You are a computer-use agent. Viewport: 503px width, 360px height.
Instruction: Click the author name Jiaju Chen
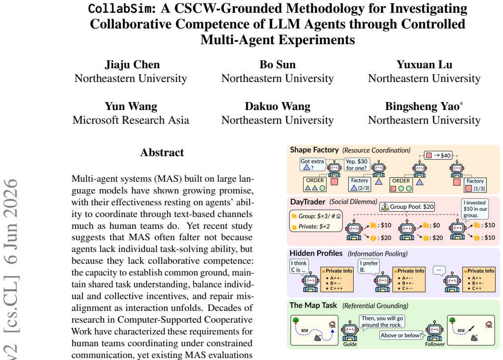pyautogui.click(x=132, y=64)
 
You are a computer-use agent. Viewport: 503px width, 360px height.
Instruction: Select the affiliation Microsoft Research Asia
pyautogui.click(x=131, y=120)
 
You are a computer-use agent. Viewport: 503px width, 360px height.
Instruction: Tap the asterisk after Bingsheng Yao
pyautogui.click(x=461, y=104)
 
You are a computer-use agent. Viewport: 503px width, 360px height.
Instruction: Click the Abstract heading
pyautogui.click(x=162, y=152)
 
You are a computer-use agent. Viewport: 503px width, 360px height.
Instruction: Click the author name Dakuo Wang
pyautogui.click(x=278, y=106)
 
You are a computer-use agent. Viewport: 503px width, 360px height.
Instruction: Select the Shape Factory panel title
pyautogui.click(x=314, y=150)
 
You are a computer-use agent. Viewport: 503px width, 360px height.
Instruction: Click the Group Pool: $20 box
pyautogui.click(x=407, y=207)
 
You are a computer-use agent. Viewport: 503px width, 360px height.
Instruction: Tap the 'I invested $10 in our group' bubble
pyautogui.click(x=475, y=209)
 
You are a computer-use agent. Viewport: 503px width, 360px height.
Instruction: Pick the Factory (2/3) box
pyautogui.click(x=360, y=185)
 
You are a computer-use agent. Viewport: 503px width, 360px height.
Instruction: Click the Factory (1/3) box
pyautogui.click(x=475, y=185)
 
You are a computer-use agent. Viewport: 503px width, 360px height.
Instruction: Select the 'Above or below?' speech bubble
pyautogui.click(x=401, y=335)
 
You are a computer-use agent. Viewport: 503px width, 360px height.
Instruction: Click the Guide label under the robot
pyautogui.click(x=350, y=344)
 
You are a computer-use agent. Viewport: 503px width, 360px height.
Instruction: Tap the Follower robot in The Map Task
pyautogui.click(x=435, y=331)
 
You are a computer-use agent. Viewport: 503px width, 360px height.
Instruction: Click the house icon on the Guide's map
pyautogui.click(x=332, y=324)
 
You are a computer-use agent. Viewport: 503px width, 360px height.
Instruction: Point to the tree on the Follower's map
pyautogui.click(x=452, y=320)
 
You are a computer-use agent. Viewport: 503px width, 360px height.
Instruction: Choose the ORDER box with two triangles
pyautogui.click(x=315, y=185)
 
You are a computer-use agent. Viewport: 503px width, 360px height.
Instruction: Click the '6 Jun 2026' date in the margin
pyautogui.click(x=11, y=222)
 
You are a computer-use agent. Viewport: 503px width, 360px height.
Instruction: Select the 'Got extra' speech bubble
pyautogui.click(x=312, y=164)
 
